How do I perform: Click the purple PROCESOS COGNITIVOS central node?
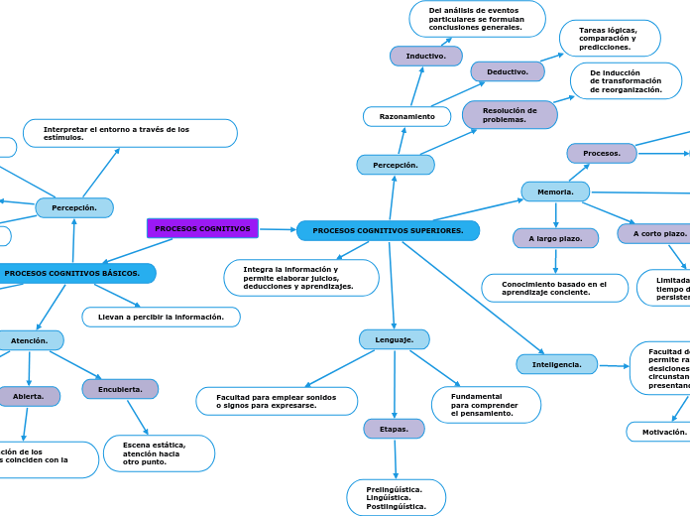pos(202,228)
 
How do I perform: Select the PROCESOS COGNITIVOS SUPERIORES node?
pos(388,230)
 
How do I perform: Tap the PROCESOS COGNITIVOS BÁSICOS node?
pos(74,273)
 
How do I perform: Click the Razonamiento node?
pos(406,116)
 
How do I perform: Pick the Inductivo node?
pos(425,56)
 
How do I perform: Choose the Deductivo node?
pos(507,71)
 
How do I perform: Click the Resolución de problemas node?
pos(510,115)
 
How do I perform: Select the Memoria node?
pos(554,191)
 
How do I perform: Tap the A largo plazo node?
pos(555,238)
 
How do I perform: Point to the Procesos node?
pos(601,153)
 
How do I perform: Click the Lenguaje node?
pos(394,339)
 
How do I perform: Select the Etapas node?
pos(394,429)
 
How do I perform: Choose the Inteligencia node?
pos(556,364)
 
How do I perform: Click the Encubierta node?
pos(120,389)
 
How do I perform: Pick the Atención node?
pos(30,340)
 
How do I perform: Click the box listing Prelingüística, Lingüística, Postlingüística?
pos(396,497)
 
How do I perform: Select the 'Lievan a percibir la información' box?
pos(161,317)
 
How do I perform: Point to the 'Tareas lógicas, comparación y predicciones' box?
pos(609,39)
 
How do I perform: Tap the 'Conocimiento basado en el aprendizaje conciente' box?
pos(554,288)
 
